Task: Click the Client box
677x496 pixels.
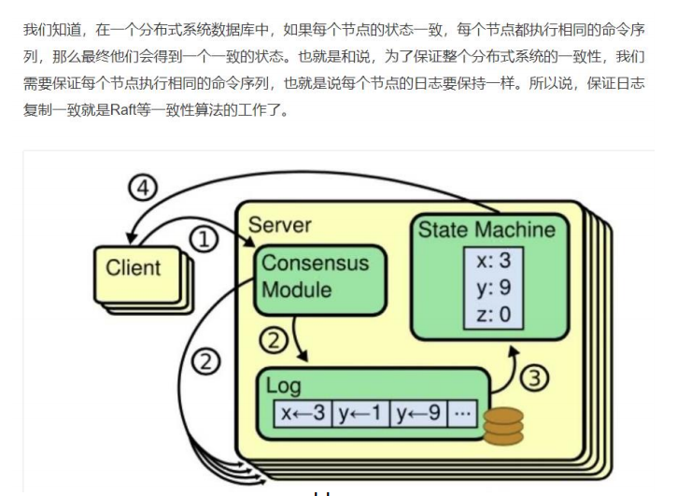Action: [x=133, y=268]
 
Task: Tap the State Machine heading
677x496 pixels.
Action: [x=487, y=230]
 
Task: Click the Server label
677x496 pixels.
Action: [x=279, y=225]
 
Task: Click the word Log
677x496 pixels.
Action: [x=284, y=385]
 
